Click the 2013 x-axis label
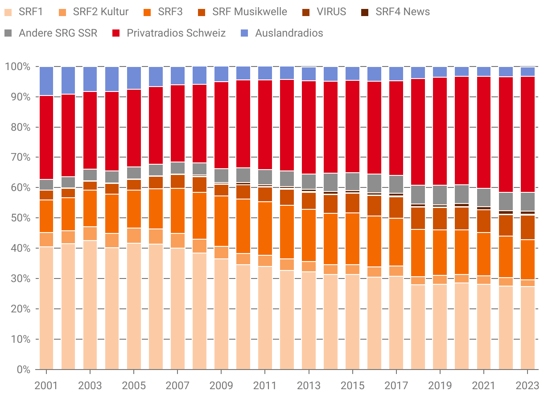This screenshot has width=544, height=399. pyautogui.click(x=309, y=385)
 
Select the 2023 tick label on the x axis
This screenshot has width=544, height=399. pyautogui.click(x=527, y=385)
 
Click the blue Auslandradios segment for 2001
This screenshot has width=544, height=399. pyautogui.click(x=46, y=81)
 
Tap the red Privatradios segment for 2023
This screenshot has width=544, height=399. pyautogui.click(x=528, y=134)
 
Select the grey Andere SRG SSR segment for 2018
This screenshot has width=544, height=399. pyautogui.click(x=418, y=194)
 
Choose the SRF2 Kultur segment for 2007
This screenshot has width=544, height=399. pyautogui.click(x=177, y=241)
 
